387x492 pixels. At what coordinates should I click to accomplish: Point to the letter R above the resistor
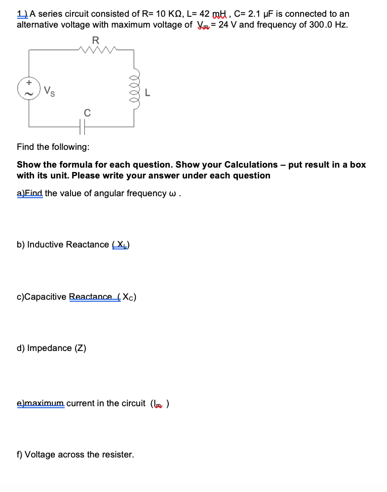[x=96, y=39]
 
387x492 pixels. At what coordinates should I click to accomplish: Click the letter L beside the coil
[x=147, y=91]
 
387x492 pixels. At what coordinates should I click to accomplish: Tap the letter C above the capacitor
[x=87, y=113]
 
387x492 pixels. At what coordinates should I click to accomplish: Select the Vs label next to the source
[x=48, y=91]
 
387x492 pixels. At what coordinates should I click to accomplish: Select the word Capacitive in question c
[x=42, y=297]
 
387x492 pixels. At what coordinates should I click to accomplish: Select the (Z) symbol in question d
[x=80, y=348]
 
